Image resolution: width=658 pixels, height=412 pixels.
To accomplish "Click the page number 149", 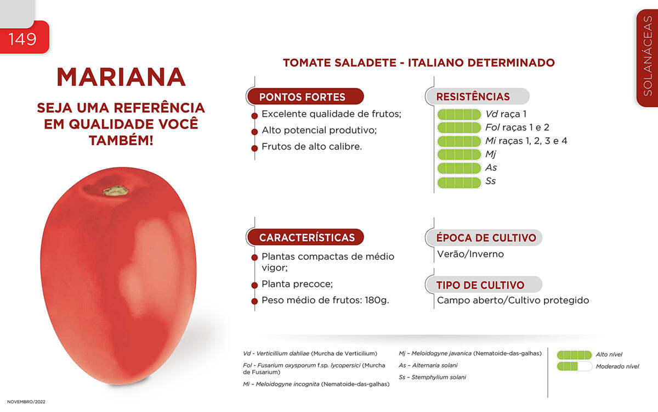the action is pyautogui.click(x=22, y=39).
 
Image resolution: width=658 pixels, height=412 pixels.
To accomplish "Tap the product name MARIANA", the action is pyautogui.click(x=121, y=77).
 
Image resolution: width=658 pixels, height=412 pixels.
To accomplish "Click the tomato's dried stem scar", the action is pyautogui.click(x=116, y=191).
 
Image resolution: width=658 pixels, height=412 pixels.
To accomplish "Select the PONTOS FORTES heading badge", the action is pyautogui.click(x=305, y=97).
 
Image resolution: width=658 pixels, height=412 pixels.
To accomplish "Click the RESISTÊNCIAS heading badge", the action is pyautogui.click(x=478, y=96).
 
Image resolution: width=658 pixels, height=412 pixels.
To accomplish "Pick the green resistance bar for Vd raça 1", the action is pyautogui.click(x=459, y=114).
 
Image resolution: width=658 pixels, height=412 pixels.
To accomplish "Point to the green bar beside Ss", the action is pyautogui.click(x=459, y=182).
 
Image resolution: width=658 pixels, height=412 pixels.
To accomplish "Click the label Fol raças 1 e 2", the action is pyautogui.click(x=517, y=127).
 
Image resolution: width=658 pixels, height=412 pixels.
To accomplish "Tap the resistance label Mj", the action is pyautogui.click(x=491, y=154).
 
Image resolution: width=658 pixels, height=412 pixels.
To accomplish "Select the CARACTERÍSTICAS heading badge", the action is pyautogui.click(x=305, y=237).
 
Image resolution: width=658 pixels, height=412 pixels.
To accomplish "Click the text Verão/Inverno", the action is pyautogui.click(x=470, y=254).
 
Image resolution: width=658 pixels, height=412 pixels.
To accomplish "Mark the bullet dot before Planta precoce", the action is pyautogui.click(x=254, y=285).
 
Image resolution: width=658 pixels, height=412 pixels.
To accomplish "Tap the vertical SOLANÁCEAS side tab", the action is pyautogui.click(x=648, y=58).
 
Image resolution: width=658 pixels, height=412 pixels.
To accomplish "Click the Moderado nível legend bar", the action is pyautogui.click(x=574, y=366).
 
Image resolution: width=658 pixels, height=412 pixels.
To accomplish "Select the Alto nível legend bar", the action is pyautogui.click(x=574, y=355).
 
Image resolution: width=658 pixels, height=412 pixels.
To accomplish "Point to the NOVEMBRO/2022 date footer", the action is pyautogui.click(x=26, y=402).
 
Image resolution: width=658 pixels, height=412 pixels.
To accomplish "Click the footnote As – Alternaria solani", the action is pyautogui.click(x=428, y=365).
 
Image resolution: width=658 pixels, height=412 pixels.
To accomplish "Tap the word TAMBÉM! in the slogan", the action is pyautogui.click(x=121, y=141).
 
